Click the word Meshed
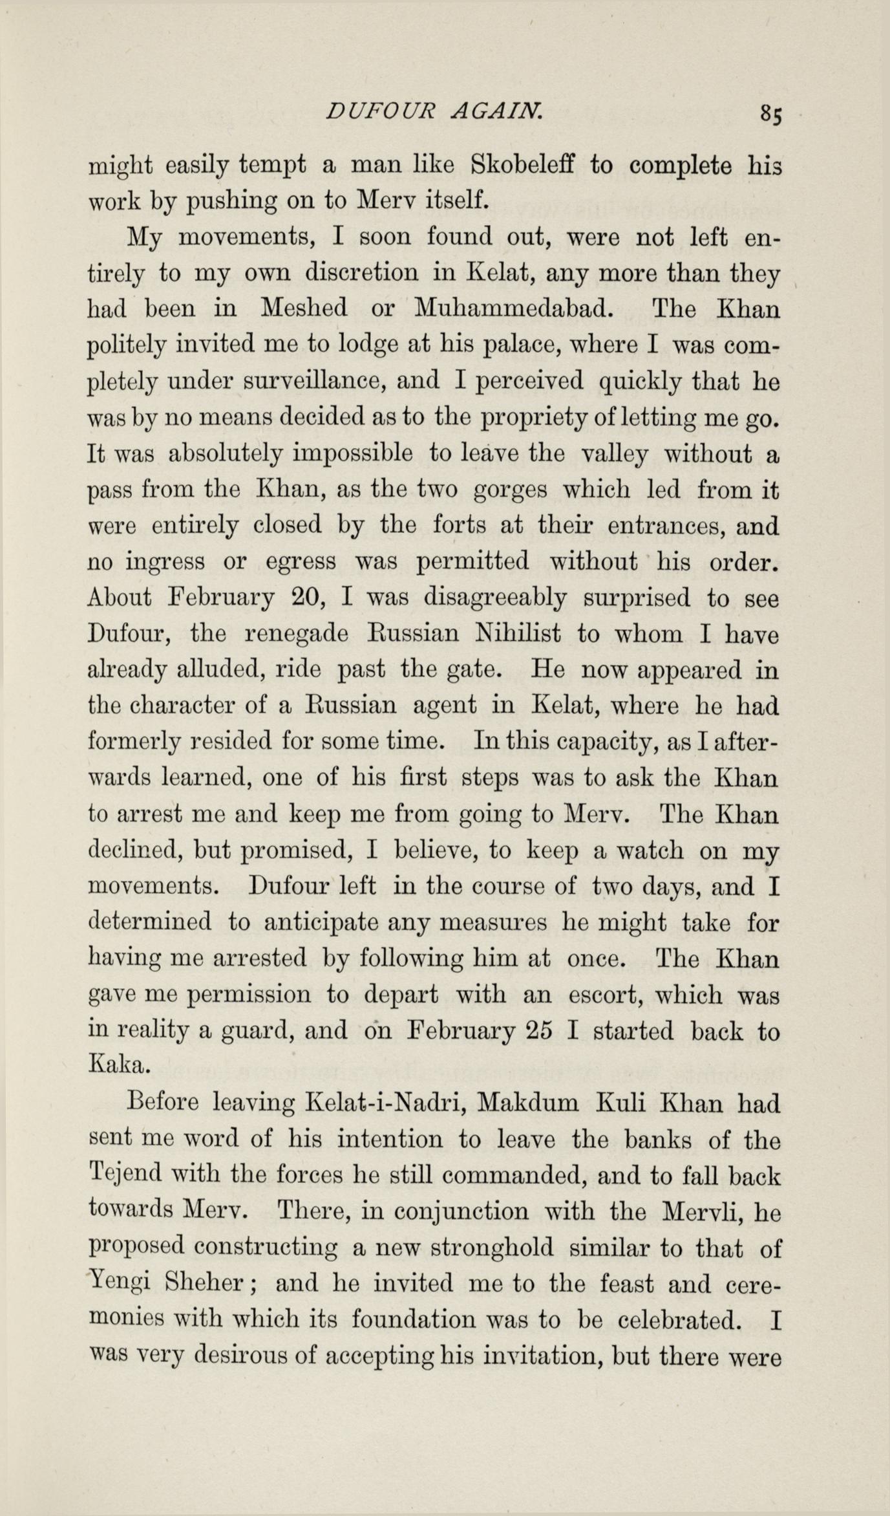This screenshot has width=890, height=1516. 304,309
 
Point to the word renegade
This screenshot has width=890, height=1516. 298,635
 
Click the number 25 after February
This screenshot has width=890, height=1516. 538,1030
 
